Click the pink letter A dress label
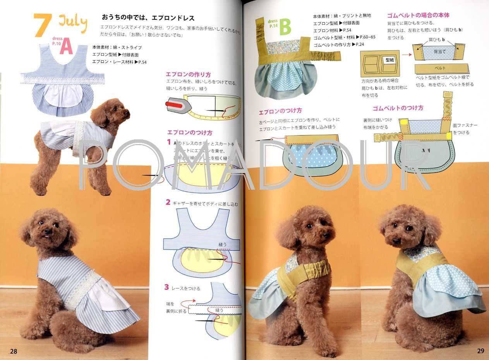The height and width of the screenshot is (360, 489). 66,47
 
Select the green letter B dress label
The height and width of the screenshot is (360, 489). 285,27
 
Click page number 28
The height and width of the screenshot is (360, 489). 14,351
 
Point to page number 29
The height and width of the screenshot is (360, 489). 480,351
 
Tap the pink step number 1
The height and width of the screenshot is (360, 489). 169,142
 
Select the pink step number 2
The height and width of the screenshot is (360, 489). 168,202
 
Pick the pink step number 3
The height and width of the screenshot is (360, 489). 166,287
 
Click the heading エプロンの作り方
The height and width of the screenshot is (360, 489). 188,74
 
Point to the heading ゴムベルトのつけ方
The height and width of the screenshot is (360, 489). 398,108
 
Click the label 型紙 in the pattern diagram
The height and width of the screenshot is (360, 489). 389,60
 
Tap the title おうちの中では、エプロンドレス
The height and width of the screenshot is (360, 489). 148,18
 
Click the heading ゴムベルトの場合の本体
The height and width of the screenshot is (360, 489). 418,15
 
